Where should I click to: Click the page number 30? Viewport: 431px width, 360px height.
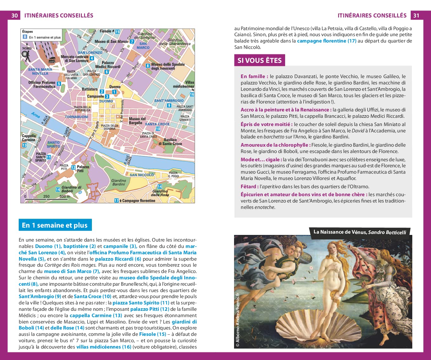coord(15,15)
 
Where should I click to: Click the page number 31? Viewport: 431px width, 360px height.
coord(416,15)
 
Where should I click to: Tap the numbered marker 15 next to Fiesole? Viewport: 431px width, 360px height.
coord(117,31)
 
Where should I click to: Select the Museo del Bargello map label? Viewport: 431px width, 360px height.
coord(137,121)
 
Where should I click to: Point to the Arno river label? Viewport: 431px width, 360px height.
coord(36,115)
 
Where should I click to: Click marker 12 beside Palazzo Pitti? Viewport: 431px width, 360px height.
coord(73,167)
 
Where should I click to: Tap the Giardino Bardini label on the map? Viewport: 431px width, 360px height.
coord(119,182)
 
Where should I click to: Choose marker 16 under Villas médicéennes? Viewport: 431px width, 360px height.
coord(192,94)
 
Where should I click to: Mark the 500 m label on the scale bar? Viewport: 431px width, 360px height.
coord(65,196)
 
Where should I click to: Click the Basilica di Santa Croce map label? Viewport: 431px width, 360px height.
coord(170,142)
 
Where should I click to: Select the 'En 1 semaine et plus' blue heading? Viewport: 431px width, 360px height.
coord(55,225)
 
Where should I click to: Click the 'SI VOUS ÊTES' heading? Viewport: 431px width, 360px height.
coord(259,60)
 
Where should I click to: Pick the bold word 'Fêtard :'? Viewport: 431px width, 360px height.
coord(250,186)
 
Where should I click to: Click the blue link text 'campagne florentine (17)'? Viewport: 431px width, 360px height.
coord(326,41)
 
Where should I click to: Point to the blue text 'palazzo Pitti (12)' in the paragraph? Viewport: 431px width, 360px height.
coord(150,309)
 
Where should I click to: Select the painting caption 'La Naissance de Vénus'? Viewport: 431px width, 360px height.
coord(340,232)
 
